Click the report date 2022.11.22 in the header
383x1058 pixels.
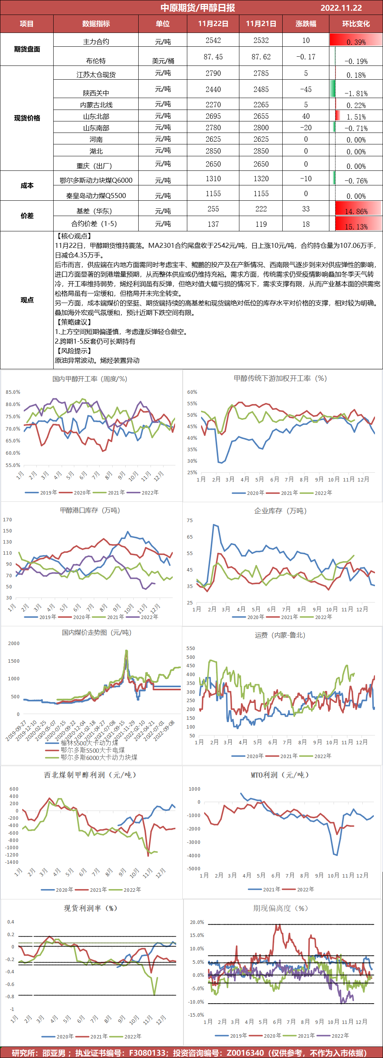pyautogui.click(x=341, y=8)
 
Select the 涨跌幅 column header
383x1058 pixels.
pyautogui.click(x=306, y=24)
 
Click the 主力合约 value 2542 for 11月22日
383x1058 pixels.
pyautogui.click(x=213, y=41)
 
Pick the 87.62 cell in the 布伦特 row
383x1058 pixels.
pyautogui.click(x=261, y=57)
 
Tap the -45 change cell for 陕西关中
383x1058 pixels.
pyautogui.click(x=306, y=90)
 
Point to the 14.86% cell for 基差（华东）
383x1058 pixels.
pyautogui.click(x=356, y=211)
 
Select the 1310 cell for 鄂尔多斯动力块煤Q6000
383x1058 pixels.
pyautogui.click(x=213, y=179)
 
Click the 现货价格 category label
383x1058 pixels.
pyautogui.click(x=27, y=118)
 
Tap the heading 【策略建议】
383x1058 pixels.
pyautogui.click(x=73, y=323)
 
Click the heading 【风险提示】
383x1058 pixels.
pyautogui.click(x=73, y=351)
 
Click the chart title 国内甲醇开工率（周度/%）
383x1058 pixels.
pyautogui.click(x=90, y=379)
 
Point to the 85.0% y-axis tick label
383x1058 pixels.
pyautogui.click(x=13, y=392)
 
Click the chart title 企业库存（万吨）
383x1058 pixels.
pyautogui.click(x=280, y=511)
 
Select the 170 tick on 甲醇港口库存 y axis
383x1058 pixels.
pyautogui.click(x=7, y=520)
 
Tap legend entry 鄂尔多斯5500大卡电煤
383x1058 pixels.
pyautogui.click(x=93, y=750)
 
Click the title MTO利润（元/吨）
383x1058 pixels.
pyautogui.click(x=280, y=775)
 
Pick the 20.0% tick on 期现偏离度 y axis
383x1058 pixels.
pyautogui.click(x=197, y=922)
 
